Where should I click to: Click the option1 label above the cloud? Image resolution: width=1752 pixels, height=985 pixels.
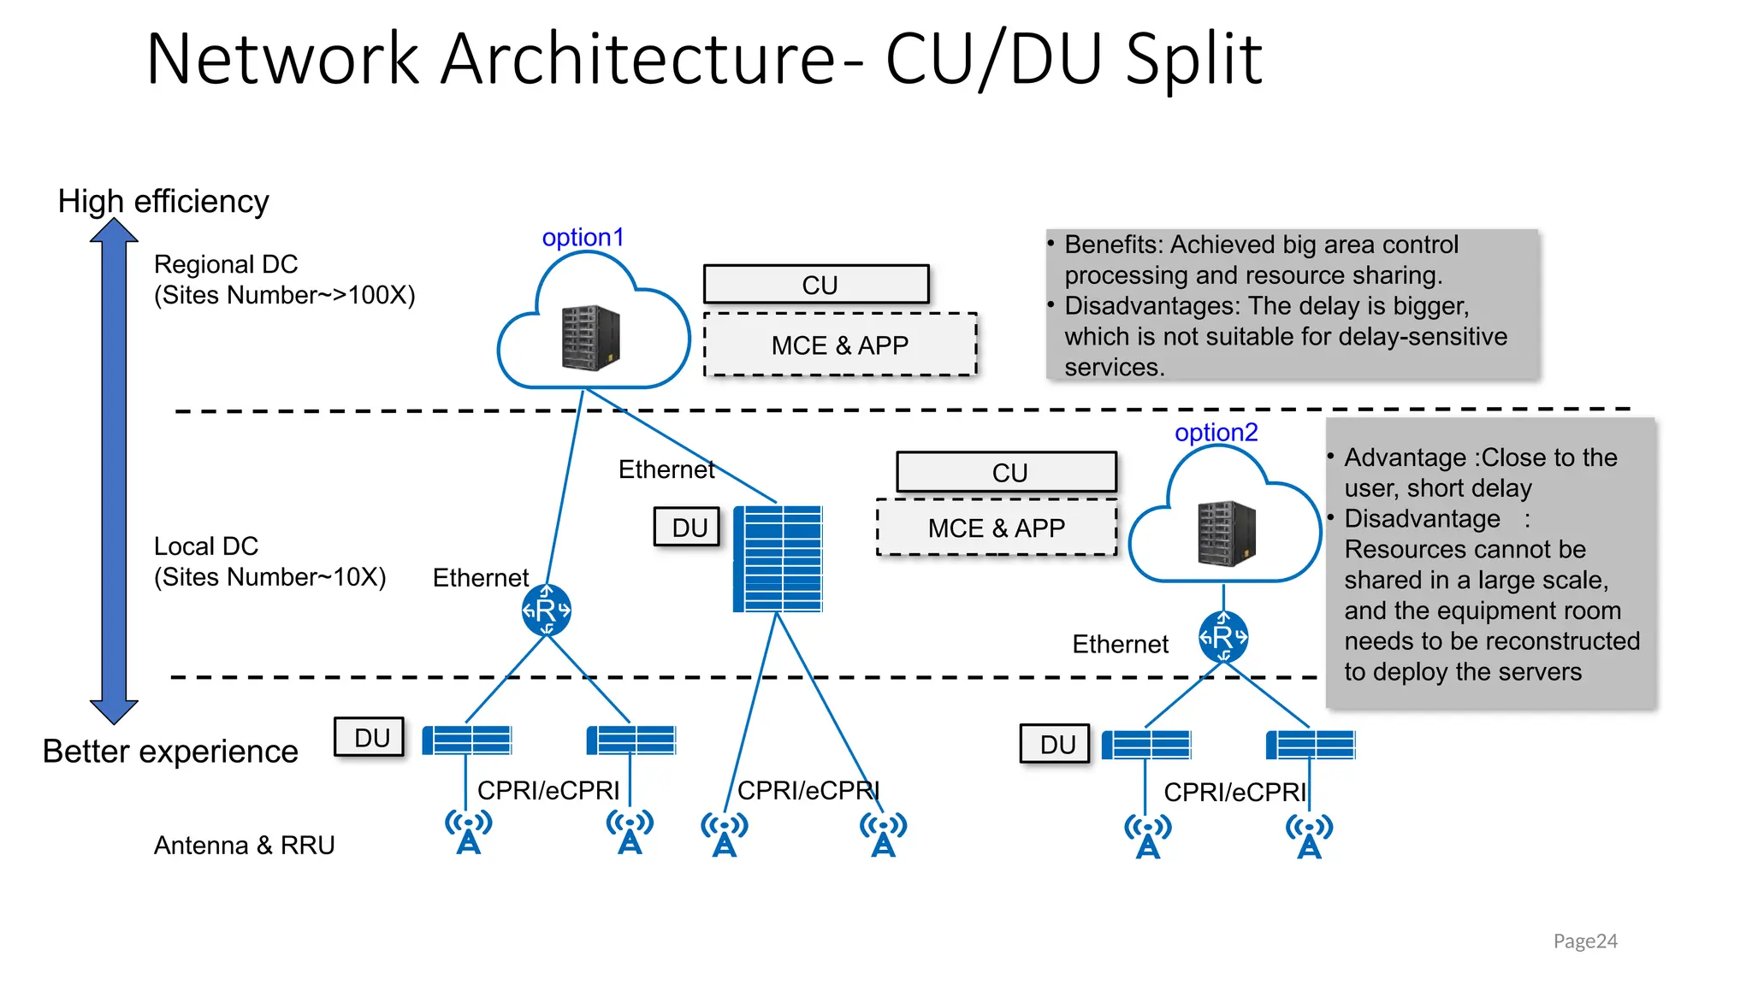pyautogui.click(x=583, y=237)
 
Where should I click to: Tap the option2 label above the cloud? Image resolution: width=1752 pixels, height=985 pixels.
pyautogui.click(x=1216, y=433)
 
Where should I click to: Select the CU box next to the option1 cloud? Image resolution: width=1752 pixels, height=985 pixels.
pyautogui.click(x=816, y=285)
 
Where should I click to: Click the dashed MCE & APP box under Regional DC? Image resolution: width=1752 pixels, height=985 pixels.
pyautogui.click(x=839, y=345)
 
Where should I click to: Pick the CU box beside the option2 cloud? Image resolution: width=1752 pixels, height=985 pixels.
pyautogui.click(x=1007, y=472)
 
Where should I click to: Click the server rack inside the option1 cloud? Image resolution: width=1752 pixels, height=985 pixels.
pyautogui.click(x=590, y=338)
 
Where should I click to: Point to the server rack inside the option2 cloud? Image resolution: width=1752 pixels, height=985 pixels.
pyautogui.click(x=1227, y=534)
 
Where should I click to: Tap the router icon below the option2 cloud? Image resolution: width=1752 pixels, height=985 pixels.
pyautogui.click(x=1222, y=637)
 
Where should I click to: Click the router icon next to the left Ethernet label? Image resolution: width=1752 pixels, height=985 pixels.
pyautogui.click(x=546, y=610)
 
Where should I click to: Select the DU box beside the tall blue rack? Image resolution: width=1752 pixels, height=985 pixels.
pyautogui.click(x=687, y=527)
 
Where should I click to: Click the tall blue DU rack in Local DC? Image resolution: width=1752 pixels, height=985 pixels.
pyautogui.click(x=778, y=559)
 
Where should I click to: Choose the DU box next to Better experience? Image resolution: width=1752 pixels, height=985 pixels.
pyautogui.click(x=370, y=737)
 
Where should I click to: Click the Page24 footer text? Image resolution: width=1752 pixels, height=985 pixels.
pyautogui.click(x=1584, y=941)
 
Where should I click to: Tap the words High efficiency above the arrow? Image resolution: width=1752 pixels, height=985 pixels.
pyautogui.click(x=163, y=201)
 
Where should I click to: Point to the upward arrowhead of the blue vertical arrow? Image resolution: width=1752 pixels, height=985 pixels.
pyautogui.click(x=114, y=231)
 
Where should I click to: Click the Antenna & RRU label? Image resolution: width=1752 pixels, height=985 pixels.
pyautogui.click(x=244, y=845)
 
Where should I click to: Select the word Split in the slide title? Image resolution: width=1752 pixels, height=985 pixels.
pyautogui.click(x=1193, y=59)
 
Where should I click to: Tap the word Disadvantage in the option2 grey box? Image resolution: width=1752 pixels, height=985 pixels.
pyautogui.click(x=1421, y=518)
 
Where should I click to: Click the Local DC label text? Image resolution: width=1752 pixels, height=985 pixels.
pyautogui.click(x=205, y=546)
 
